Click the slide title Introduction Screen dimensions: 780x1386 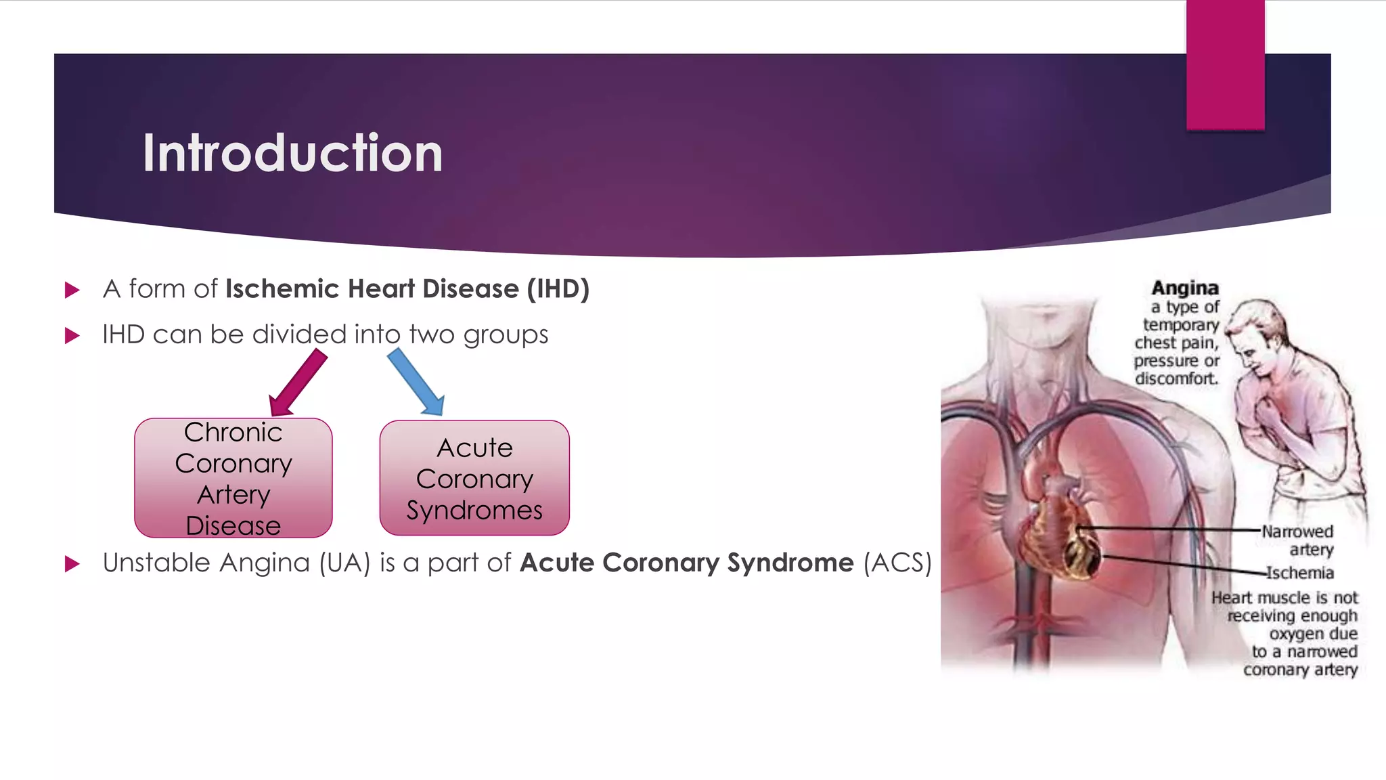click(x=292, y=153)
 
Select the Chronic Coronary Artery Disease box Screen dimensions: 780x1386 click(x=233, y=478)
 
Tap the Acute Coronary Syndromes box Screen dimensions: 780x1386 click(x=474, y=478)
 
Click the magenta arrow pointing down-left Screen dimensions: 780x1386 click(x=298, y=383)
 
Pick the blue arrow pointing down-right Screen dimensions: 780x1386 click(x=416, y=381)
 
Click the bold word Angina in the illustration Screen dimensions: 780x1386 click(x=1185, y=288)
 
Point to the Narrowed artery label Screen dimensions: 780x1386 click(x=1297, y=540)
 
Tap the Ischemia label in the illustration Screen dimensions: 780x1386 click(x=1299, y=573)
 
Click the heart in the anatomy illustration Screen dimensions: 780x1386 click(x=1063, y=535)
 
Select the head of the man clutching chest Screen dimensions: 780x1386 click(x=1252, y=335)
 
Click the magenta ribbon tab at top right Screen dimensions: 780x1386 click(x=1225, y=64)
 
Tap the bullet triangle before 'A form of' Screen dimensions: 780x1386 click(x=72, y=290)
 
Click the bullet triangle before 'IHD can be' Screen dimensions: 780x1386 click(x=72, y=335)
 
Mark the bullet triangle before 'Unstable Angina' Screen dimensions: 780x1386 click(x=72, y=564)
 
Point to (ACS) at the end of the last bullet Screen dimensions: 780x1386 click(x=897, y=563)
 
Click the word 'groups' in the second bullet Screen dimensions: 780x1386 click(x=506, y=335)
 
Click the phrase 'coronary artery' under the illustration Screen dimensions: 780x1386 click(x=1300, y=670)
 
